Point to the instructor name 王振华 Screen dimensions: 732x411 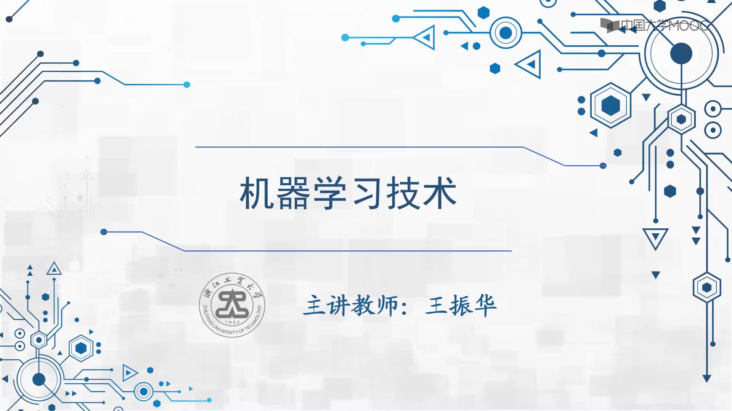[x=461, y=305]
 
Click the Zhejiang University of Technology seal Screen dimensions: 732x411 [x=232, y=305]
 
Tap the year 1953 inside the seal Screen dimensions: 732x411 [x=232, y=322]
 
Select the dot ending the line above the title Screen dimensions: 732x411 [x=603, y=166]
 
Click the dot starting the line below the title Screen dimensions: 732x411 [x=104, y=232]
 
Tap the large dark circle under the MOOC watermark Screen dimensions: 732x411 [x=681, y=53]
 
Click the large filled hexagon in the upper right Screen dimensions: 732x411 [x=611, y=105]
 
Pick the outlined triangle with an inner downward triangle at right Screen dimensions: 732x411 [x=655, y=239]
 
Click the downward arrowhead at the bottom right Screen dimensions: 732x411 [x=707, y=379]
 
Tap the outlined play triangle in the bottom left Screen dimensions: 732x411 [x=130, y=373]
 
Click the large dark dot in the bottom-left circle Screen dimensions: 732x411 [x=39, y=379]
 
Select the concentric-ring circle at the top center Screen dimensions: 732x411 [x=506, y=33]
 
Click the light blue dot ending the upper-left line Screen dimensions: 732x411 [x=187, y=84]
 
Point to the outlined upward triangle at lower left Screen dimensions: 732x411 [x=54, y=269]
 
